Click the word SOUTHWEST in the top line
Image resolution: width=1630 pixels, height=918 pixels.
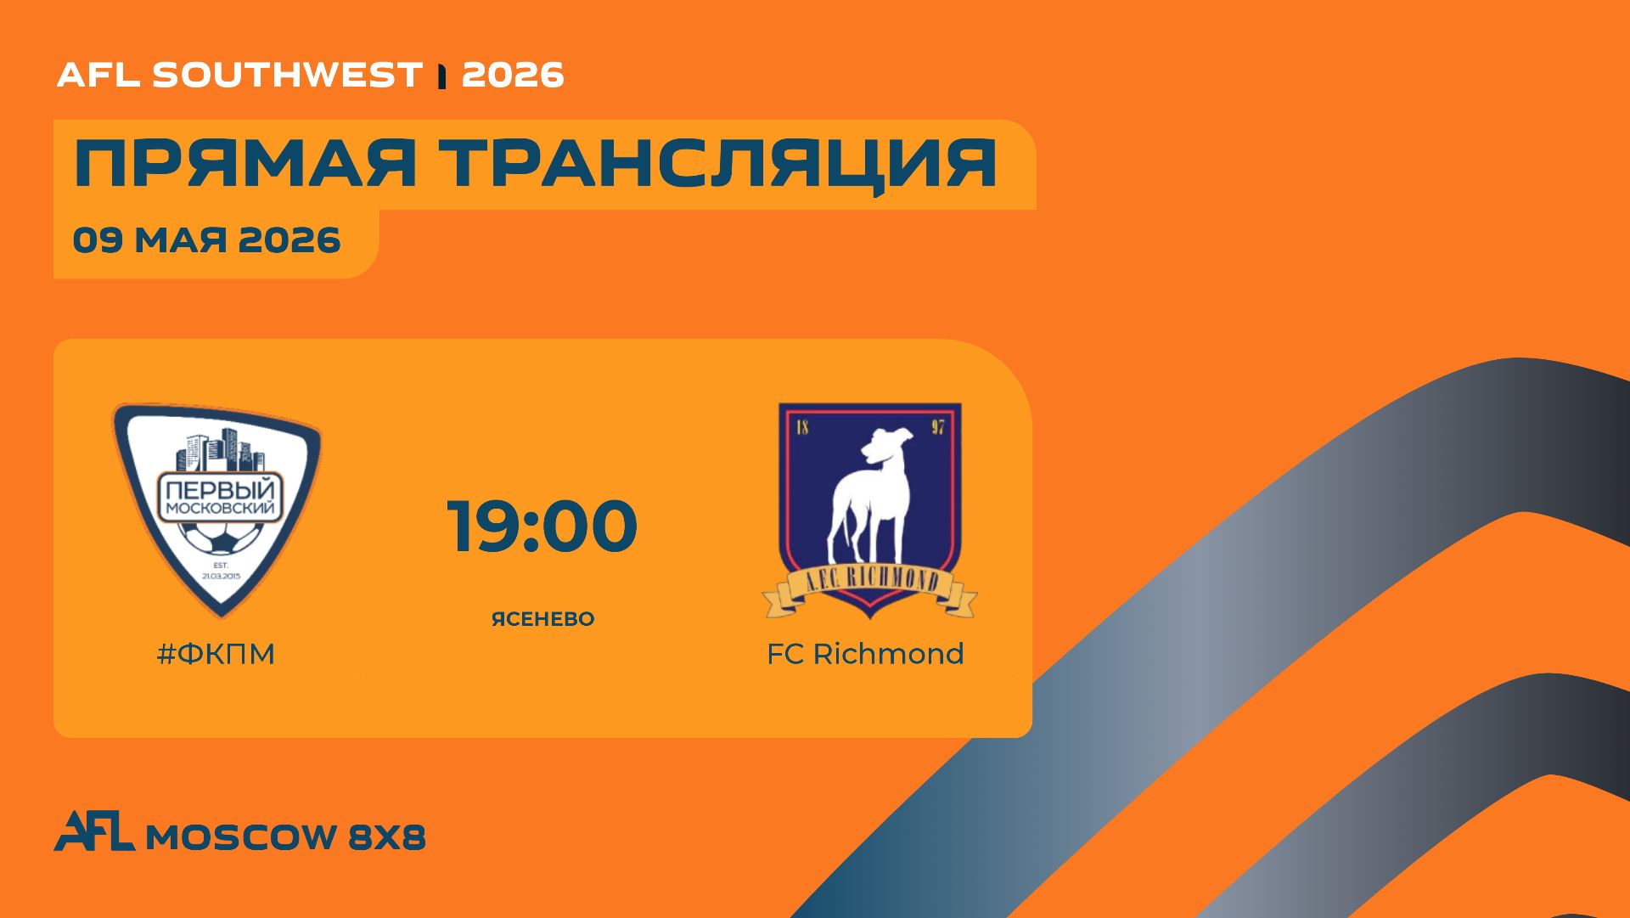tap(287, 75)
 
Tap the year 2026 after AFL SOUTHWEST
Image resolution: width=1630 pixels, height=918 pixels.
tap(513, 75)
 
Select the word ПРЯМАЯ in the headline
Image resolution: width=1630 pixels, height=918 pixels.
tap(245, 163)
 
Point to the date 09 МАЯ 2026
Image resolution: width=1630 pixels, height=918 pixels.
tap(206, 240)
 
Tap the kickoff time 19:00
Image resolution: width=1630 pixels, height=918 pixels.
tap(542, 527)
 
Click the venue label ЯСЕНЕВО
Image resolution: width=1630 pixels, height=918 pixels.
tap(543, 619)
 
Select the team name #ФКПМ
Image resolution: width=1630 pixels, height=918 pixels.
tap(216, 654)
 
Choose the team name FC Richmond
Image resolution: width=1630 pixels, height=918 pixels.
tap(865, 654)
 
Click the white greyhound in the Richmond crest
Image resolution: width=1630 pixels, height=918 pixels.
tap(869, 497)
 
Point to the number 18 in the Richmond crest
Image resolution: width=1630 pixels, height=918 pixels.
tap(802, 426)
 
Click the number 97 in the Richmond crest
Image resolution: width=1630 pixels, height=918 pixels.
tap(937, 426)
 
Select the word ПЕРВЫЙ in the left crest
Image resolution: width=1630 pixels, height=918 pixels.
tap(221, 490)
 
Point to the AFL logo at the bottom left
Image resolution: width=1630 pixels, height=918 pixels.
tap(94, 831)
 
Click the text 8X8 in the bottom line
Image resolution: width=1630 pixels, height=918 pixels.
tap(387, 837)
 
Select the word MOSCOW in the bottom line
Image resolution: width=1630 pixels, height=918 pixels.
tap(241, 837)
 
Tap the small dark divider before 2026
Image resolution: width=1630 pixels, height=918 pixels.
tap(441, 76)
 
